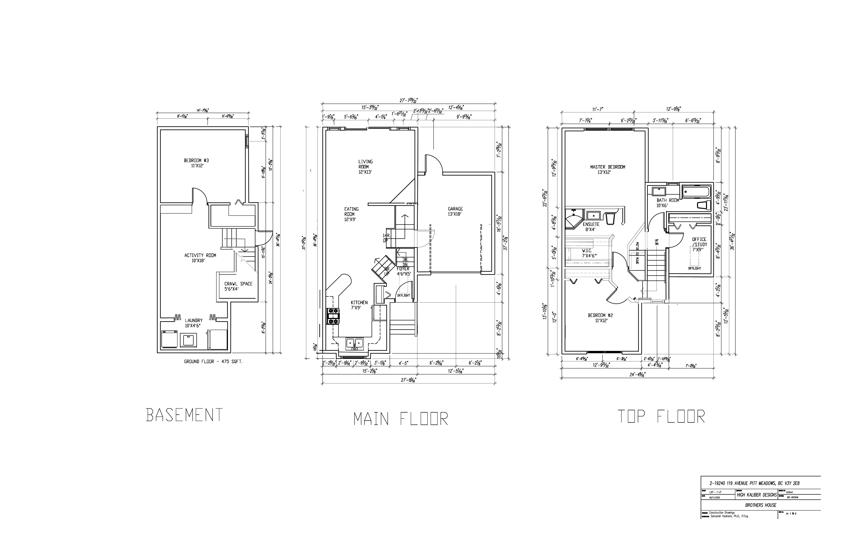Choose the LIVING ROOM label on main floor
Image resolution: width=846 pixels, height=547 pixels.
tap(365, 167)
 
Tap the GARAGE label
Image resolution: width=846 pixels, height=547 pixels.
tap(455, 211)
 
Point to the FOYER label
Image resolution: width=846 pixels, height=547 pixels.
tap(403, 271)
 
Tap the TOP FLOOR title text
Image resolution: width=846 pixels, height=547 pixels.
tap(661, 416)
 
